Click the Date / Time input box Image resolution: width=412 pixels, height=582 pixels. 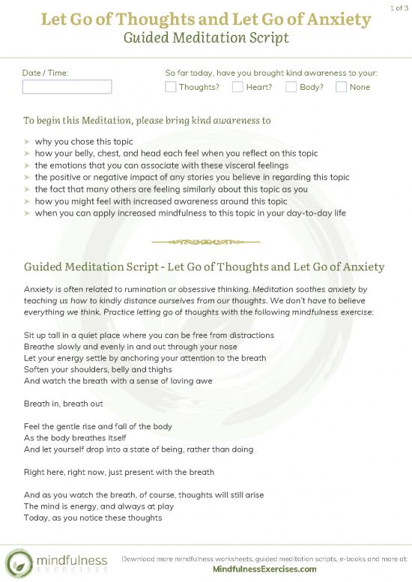pos(67,87)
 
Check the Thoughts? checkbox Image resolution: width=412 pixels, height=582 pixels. pos(170,87)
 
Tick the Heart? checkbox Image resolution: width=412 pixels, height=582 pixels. pos(237,87)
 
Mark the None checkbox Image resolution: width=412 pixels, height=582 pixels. pos(341,87)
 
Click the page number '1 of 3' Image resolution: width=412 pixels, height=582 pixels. pos(399,7)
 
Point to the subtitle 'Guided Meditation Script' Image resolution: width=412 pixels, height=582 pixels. pos(206,37)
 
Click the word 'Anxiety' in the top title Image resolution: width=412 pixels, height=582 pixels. pos(334,18)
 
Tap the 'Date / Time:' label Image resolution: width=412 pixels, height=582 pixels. pos(46,73)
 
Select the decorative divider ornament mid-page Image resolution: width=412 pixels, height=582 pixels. pos(206,241)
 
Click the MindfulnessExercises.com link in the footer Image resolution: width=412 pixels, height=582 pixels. pos(264,569)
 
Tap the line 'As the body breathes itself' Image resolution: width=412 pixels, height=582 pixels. pos(75,438)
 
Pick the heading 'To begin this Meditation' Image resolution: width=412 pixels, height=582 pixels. pos(147,120)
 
